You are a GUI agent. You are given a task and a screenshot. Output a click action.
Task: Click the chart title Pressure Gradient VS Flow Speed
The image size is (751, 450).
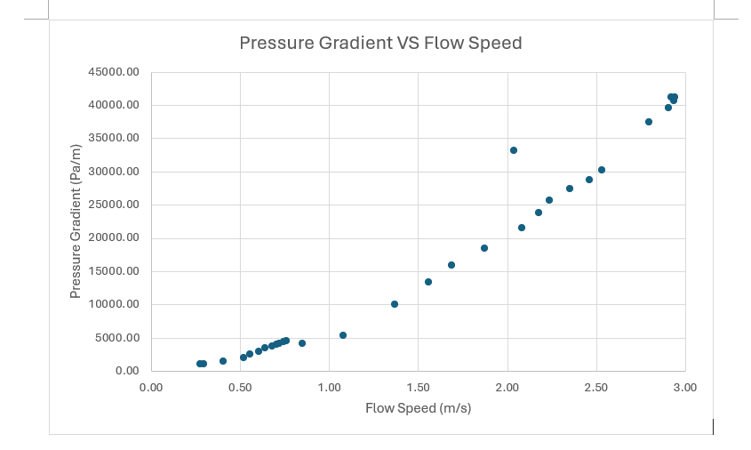pyautogui.click(x=380, y=43)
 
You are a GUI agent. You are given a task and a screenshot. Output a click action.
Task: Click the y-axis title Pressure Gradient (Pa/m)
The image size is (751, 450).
pyautogui.click(x=76, y=221)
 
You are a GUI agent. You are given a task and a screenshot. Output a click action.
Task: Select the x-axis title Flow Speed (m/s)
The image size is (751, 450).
pyautogui.click(x=418, y=409)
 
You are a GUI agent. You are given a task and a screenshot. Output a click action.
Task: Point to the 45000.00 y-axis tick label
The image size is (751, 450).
pyautogui.click(x=113, y=72)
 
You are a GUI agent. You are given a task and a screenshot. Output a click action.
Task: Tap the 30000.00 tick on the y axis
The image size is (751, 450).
pyautogui.click(x=113, y=172)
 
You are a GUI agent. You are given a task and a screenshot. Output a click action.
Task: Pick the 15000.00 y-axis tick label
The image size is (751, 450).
pyautogui.click(x=113, y=271)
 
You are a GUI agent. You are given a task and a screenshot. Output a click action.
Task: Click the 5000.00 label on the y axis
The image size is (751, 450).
pyautogui.click(x=116, y=338)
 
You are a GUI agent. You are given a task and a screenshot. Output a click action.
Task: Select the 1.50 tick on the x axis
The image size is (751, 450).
pyautogui.click(x=418, y=388)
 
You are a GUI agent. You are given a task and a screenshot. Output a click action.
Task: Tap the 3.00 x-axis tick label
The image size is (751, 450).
pyautogui.click(x=684, y=388)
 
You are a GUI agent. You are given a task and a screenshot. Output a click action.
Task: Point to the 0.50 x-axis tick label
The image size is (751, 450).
pyautogui.click(x=240, y=388)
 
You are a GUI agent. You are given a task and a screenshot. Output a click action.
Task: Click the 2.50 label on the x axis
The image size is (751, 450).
pyautogui.click(x=595, y=388)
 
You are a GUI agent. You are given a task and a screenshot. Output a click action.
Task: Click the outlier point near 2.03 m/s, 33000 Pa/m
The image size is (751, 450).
pyautogui.click(x=514, y=150)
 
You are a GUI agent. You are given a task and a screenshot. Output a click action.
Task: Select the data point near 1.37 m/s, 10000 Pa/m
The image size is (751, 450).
pyautogui.click(x=395, y=304)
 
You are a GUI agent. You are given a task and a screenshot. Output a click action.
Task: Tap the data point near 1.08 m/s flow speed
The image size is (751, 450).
pyautogui.click(x=343, y=335)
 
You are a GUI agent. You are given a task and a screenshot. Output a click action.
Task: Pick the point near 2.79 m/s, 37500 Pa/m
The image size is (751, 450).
pyautogui.click(x=649, y=122)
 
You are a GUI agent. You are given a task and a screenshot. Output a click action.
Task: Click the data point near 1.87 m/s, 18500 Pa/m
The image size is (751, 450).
pyautogui.click(x=484, y=248)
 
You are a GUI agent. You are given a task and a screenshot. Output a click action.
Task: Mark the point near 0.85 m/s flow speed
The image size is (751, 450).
pyautogui.click(x=302, y=343)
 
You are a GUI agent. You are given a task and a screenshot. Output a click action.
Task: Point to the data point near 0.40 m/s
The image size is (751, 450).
pyautogui.click(x=223, y=361)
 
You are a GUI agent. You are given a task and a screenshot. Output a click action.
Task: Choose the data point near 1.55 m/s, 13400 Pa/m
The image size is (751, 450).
pyautogui.click(x=428, y=282)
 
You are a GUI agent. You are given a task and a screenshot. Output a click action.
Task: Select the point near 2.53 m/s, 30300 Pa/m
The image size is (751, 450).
pyautogui.click(x=602, y=170)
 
